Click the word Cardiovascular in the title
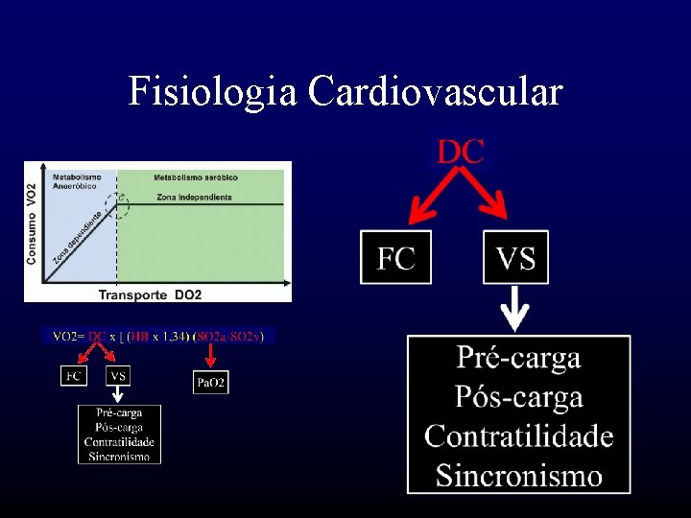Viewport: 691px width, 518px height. pos(435,92)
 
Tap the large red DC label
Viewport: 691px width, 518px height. pos(461,152)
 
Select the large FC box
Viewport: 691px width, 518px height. pos(395,257)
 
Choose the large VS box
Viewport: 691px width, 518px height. pos(515,257)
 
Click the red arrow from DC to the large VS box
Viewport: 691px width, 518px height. pos(492,200)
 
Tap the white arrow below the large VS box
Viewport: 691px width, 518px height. pos(516,308)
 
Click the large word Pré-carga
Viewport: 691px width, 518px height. pos(518,358)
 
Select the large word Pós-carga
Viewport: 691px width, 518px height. pos(518,396)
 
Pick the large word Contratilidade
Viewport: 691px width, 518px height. pos(518,436)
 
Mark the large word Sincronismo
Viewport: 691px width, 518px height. pos(518,475)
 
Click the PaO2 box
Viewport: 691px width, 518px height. pos(211,383)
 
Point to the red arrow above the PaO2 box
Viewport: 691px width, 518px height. pos(211,358)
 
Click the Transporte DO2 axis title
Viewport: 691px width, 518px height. pos(151,294)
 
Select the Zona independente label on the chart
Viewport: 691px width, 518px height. pos(193,198)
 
